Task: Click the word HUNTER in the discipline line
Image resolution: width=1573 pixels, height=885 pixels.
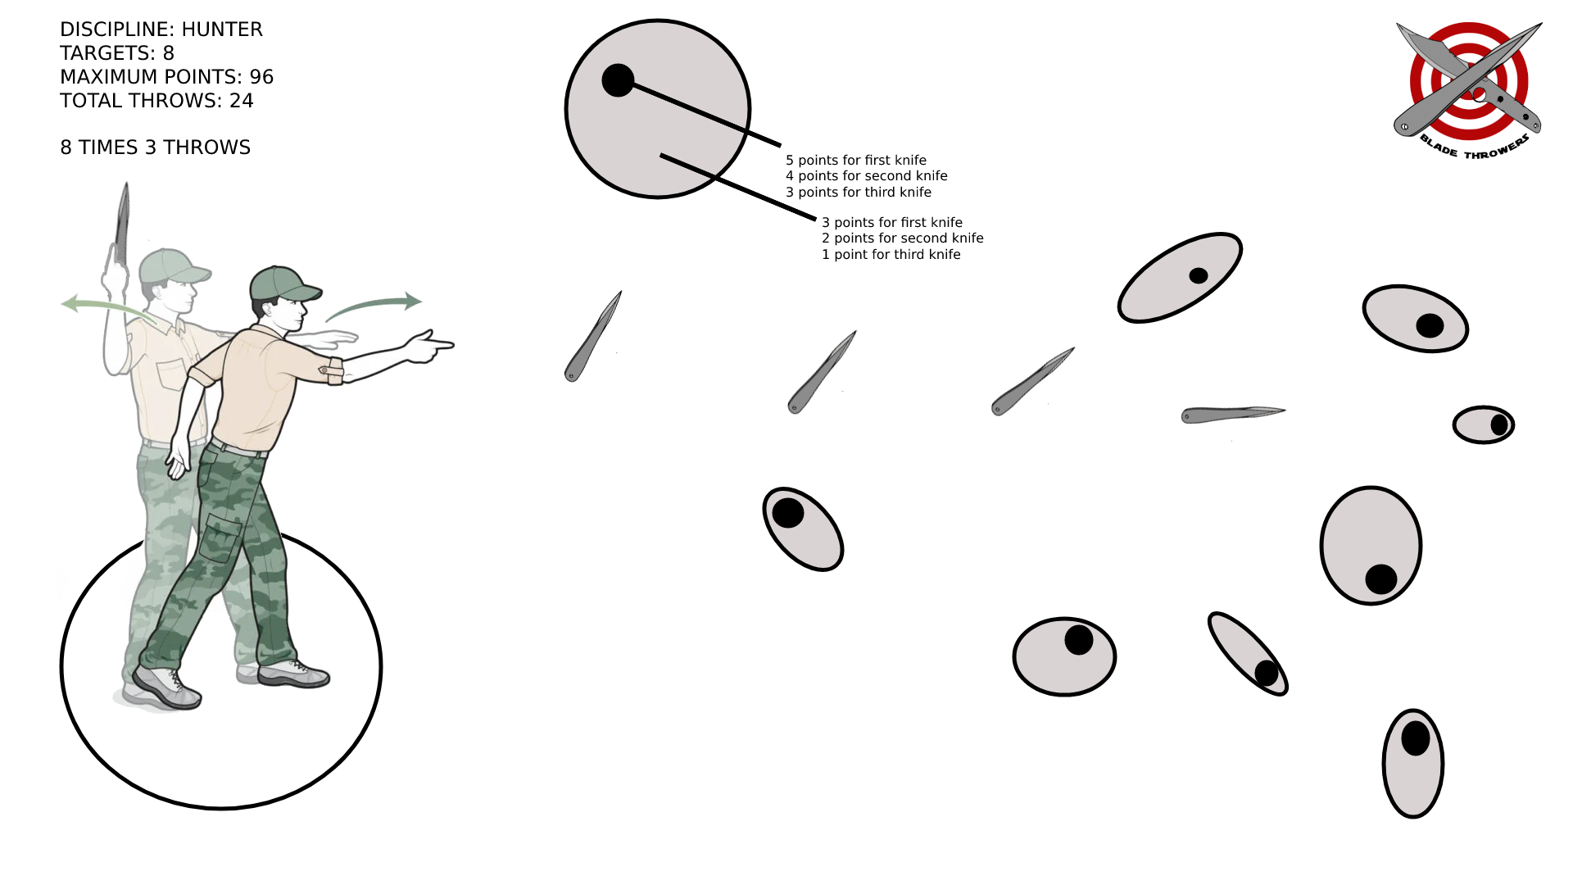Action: coord(222,29)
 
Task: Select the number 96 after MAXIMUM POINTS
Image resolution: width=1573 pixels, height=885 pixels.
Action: coord(261,77)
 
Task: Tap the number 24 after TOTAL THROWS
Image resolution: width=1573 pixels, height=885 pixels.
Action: coord(242,101)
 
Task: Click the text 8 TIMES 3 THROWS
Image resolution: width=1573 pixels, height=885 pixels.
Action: coord(156,147)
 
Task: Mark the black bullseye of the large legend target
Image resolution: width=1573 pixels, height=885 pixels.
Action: coord(618,80)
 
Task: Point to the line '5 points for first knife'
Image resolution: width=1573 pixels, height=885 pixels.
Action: coord(856,161)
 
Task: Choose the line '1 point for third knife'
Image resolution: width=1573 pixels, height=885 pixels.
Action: coord(891,255)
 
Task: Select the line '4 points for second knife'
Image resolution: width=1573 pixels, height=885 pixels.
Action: coord(867,176)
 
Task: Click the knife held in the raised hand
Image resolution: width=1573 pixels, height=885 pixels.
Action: coord(122,223)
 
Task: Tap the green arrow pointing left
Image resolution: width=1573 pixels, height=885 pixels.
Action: coord(107,307)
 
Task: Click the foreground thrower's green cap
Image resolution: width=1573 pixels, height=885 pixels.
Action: coord(283,284)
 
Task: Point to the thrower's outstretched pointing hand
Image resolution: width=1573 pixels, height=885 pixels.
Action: coord(428,346)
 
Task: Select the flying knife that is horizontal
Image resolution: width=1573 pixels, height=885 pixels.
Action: coord(1233,415)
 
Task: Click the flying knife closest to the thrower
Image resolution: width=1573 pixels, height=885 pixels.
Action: coord(592,336)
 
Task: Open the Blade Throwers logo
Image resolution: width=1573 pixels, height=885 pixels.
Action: coord(1468,88)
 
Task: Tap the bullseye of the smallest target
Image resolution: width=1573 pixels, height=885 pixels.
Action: coord(1499,424)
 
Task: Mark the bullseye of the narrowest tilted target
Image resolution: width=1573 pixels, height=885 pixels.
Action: coord(1267,674)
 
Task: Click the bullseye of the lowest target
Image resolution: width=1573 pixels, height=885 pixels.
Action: coord(1416,738)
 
